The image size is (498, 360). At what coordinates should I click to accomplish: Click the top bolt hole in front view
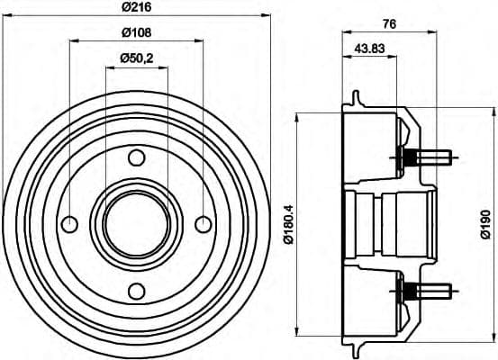136,158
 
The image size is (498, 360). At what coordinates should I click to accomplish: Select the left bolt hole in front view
69,224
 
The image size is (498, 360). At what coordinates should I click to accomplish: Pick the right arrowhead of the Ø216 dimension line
265,15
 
